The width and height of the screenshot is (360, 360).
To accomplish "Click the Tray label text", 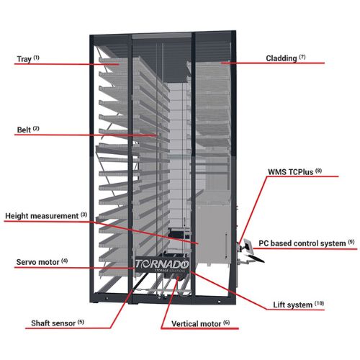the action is (28, 58).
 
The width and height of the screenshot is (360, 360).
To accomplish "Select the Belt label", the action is (28, 130).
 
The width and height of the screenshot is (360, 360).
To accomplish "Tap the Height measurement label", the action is (46, 215).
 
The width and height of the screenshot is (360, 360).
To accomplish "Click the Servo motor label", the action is (42, 262).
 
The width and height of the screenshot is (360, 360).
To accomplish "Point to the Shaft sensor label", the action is (58, 323).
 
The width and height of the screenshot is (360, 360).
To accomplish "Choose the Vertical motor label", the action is (200, 323).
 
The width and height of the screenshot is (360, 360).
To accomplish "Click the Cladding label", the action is (286, 58).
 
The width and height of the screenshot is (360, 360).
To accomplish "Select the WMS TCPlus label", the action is (294, 171).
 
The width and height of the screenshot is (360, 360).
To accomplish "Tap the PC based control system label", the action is (307, 243).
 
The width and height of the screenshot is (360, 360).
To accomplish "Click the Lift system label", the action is (299, 305).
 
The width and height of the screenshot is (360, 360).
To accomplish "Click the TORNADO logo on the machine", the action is (162, 264).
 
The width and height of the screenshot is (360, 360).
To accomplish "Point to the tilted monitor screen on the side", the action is (248, 246).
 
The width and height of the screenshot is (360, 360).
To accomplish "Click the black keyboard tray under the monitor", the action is (256, 258).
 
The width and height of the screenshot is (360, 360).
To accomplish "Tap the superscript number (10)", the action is (319, 303).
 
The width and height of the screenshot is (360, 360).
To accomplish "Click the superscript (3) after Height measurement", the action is (84, 215).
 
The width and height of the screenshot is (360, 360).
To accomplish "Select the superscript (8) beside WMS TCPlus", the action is (318, 171).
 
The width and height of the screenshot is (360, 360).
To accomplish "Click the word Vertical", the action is (186, 323).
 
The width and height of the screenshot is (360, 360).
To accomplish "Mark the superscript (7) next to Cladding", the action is (302, 57).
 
